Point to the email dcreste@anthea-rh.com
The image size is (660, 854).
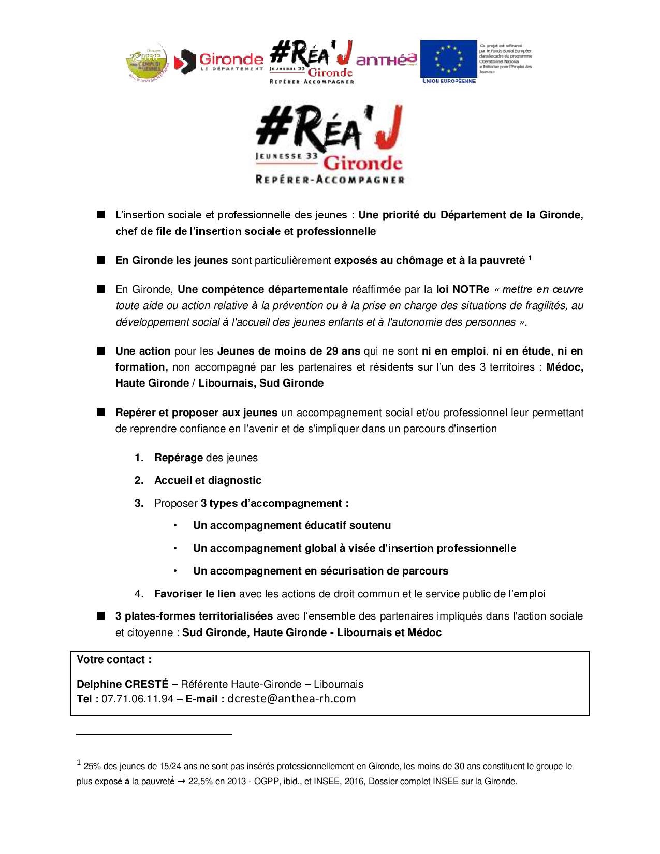coord(291,699)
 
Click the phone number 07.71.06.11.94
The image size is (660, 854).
coord(137,699)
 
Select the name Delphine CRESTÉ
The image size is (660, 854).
coord(121,684)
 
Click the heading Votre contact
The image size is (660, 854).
coord(114,659)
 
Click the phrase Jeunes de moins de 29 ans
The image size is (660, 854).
coord(289,351)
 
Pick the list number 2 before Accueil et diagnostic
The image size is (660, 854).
coord(139,480)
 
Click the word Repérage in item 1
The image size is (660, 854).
coord(178,458)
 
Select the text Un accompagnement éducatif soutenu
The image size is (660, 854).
coord(292,525)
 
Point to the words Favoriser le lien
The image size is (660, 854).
coord(195,594)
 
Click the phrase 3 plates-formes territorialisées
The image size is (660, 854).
coord(194,616)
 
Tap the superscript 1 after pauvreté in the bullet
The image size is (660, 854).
coord(530,258)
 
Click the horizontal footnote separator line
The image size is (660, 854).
coord(153,734)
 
